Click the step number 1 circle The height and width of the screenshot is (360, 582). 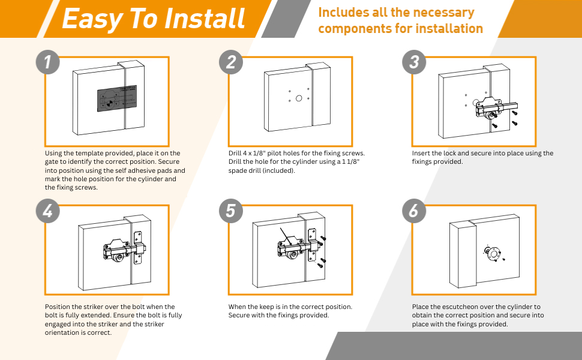point(48,62)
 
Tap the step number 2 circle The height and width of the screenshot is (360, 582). point(232,62)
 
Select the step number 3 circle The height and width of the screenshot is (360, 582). point(414,62)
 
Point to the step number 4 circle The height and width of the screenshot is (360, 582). point(48,211)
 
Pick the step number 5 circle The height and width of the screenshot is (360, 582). point(232,211)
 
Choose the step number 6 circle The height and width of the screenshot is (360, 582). point(414,211)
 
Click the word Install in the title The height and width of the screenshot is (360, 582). point(206,19)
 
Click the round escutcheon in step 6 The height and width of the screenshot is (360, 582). point(493,254)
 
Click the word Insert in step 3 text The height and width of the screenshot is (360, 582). point(421,154)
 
